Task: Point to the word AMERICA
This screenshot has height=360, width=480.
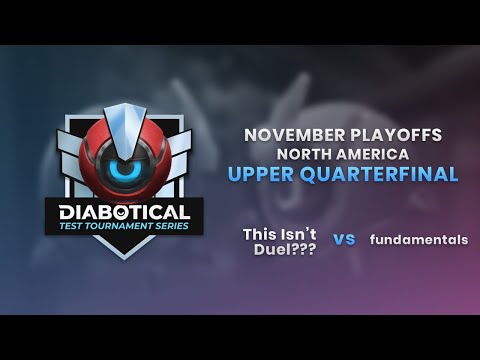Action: point(376,154)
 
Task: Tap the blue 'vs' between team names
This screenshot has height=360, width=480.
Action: point(344,240)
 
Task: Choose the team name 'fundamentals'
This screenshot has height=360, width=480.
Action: point(418,240)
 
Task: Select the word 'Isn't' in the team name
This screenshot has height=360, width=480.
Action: point(299,233)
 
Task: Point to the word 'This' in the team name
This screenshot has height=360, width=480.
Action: point(260,233)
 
